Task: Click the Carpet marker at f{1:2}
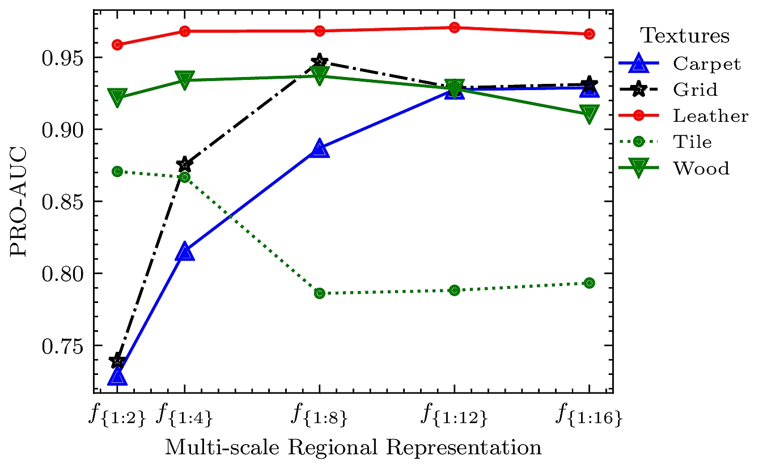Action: (117, 377)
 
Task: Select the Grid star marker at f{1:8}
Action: (320, 61)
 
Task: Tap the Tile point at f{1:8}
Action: (320, 293)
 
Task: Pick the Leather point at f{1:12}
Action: (454, 28)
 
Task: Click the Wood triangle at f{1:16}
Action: (589, 114)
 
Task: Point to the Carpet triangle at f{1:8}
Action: (320, 149)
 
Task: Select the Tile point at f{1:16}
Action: (589, 283)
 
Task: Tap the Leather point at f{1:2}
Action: (117, 45)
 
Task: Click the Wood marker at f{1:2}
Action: (117, 97)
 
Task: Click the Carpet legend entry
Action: (706, 63)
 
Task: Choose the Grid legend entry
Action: (695, 89)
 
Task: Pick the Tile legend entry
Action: (692, 142)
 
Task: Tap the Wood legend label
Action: (701, 168)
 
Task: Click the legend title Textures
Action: (685, 36)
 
